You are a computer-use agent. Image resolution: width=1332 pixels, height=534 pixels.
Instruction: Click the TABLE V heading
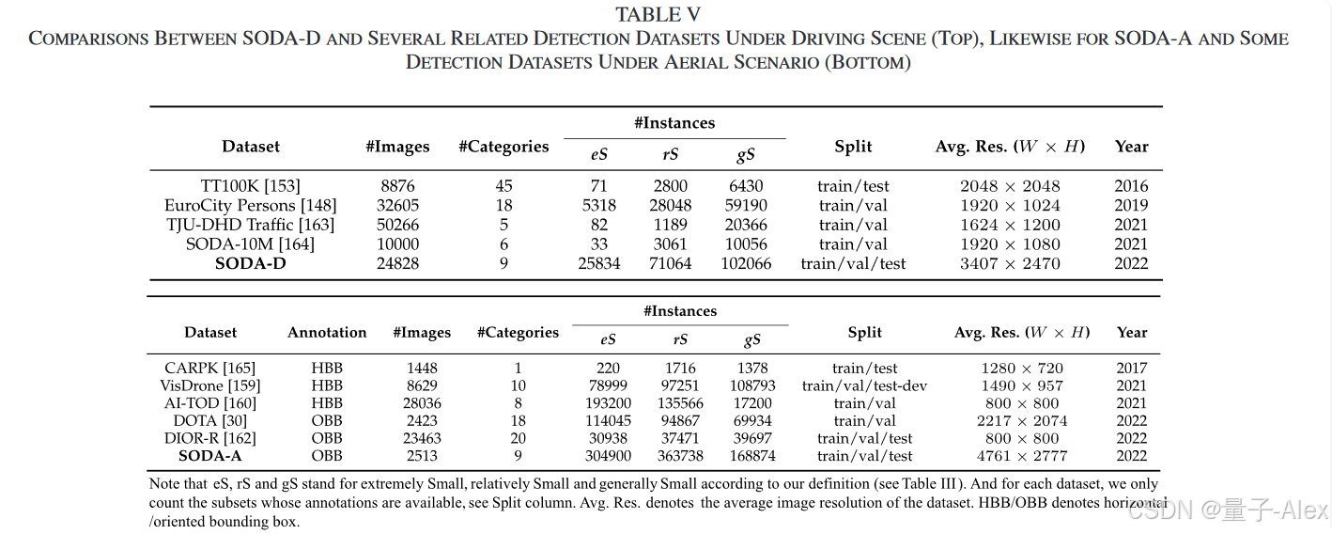(658, 15)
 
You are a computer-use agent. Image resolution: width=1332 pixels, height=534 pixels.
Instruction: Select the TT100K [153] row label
(250, 186)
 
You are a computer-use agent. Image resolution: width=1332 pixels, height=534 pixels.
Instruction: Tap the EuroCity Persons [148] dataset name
(250, 205)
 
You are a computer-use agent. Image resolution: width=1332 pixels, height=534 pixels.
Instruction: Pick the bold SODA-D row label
(250, 263)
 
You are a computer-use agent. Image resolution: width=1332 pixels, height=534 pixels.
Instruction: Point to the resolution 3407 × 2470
(1010, 263)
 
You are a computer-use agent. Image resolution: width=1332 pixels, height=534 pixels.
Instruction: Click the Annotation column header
(327, 332)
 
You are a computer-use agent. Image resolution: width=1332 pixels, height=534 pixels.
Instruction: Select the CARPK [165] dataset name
(209, 368)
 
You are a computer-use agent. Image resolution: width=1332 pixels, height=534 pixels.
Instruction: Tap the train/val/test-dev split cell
(864, 385)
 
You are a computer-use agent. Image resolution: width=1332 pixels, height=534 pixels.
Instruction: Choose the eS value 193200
(608, 402)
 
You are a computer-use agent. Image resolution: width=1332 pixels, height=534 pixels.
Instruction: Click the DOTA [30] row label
(209, 420)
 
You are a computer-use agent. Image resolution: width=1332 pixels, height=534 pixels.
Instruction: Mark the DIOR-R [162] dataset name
(209, 438)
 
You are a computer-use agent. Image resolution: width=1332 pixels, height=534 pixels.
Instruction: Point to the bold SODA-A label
(209, 456)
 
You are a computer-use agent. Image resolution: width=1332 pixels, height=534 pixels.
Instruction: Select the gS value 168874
(753, 456)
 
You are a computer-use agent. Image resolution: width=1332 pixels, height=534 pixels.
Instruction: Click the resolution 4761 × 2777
(1023, 456)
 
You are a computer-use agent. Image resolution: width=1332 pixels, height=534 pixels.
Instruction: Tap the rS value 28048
(670, 205)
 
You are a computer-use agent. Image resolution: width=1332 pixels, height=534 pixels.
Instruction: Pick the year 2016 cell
(1131, 186)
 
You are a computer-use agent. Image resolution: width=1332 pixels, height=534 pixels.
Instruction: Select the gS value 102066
(745, 263)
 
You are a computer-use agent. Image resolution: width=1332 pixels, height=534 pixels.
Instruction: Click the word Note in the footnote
(165, 484)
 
